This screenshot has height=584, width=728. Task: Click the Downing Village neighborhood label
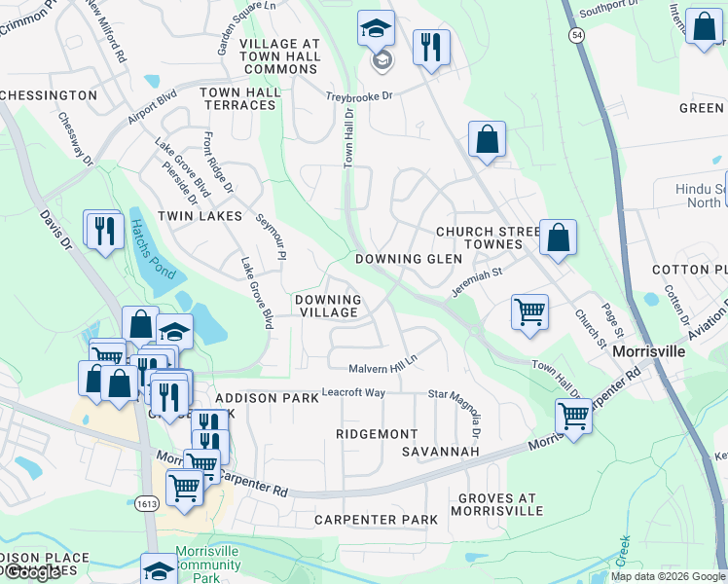(x=328, y=306)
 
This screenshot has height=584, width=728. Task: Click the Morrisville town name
(x=650, y=349)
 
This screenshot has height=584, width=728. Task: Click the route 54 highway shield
(x=577, y=35)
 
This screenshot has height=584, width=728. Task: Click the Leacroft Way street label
(x=353, y=392)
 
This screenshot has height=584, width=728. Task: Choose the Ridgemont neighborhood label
(x=377, y=433)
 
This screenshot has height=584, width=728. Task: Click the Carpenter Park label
(x=376, y=520)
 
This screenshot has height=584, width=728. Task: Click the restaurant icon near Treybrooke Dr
(x=430, y=46)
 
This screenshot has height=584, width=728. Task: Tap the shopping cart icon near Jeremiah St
(x=529, y=312)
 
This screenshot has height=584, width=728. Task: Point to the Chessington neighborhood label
(x=49, y=95)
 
